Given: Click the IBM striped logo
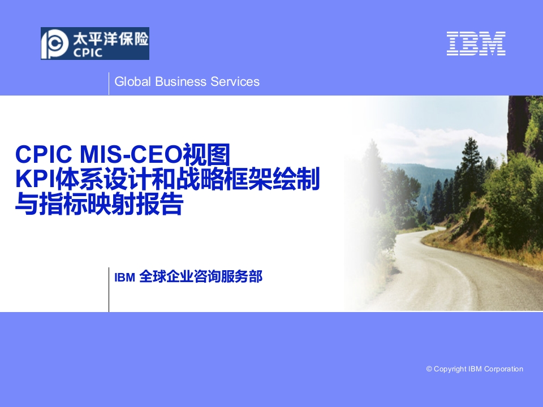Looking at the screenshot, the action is [x=476, y=44].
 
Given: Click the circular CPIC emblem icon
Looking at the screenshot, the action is [x=55, y=44].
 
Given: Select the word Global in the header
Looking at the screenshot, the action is [x=132, y=81].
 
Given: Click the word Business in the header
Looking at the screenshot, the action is [x=181, y=81].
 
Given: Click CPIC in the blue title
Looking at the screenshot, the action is [x=44, y=154].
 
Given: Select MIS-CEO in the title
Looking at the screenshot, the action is [x=131, y=154].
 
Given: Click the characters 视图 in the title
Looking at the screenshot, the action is [x=206, y=154].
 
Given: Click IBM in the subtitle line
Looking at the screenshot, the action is [x=124, y=277].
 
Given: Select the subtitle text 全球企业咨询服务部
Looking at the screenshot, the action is [x=201, y=276].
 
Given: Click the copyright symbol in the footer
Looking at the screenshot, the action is [x=429, y=369].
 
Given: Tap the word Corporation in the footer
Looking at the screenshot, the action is [x=503, y=369].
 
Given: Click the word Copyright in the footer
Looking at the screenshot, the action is [x=450, y=369].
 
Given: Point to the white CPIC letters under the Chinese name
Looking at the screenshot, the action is [x=88, y=53].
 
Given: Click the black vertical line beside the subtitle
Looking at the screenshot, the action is [x=109, y=289].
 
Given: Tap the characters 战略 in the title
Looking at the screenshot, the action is [x=200, y=179].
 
